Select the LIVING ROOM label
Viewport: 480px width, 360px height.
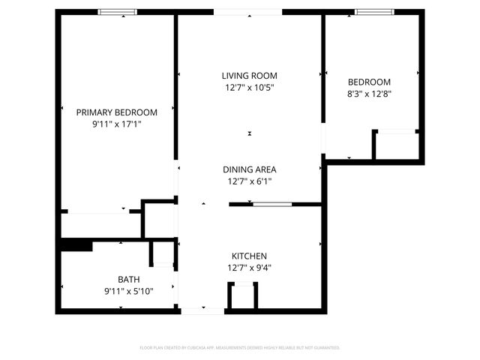click(249, 76)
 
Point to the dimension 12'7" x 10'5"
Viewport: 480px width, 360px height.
click(249, 88)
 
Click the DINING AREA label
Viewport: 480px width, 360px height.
click(249, 169)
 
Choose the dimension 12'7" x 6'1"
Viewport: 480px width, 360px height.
click(249, 181)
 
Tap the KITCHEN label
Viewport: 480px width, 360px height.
click(249, 256)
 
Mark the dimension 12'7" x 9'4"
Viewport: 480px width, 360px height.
click(249, 268)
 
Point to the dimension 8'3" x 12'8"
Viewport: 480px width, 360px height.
click(370, 94)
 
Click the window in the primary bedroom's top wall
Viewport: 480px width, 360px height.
click(118, 12)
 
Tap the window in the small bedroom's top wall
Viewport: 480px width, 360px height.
click(374, 12)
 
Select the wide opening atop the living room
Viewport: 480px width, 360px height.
click(248, 12)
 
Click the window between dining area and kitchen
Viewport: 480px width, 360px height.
click(272, 203)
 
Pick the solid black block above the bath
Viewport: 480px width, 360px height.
click(76, 245)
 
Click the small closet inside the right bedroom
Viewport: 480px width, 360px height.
click(396, 145)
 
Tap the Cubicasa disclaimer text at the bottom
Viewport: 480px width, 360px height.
click(240, 348)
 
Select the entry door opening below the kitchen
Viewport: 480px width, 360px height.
click(202, 310)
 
